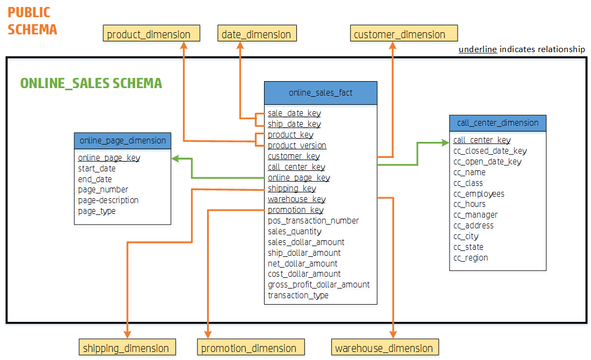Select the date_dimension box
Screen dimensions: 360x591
(x=257, y=34)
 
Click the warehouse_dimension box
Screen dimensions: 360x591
(x=384, y=348)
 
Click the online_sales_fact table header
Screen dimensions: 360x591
(x=321, y=93)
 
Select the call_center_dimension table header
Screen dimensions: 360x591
(x=497, y=123)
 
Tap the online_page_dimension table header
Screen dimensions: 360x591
(x=123, y=141)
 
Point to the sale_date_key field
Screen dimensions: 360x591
(x=294, y=113)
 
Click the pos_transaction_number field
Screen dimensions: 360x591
(x=313, y=221)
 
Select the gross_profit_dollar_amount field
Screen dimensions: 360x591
(x=318, y=285)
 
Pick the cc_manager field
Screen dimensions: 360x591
(x=475, y=215)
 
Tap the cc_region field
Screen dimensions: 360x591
(x=471, y=258)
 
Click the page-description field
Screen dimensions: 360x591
(x=108, y=200)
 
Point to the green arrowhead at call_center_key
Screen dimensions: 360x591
(x=446, y=142)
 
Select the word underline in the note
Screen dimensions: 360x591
(x=478, y=49)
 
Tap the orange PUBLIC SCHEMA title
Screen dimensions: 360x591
(x=32, y=21)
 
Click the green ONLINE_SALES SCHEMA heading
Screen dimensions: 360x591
(x=91, y=83)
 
